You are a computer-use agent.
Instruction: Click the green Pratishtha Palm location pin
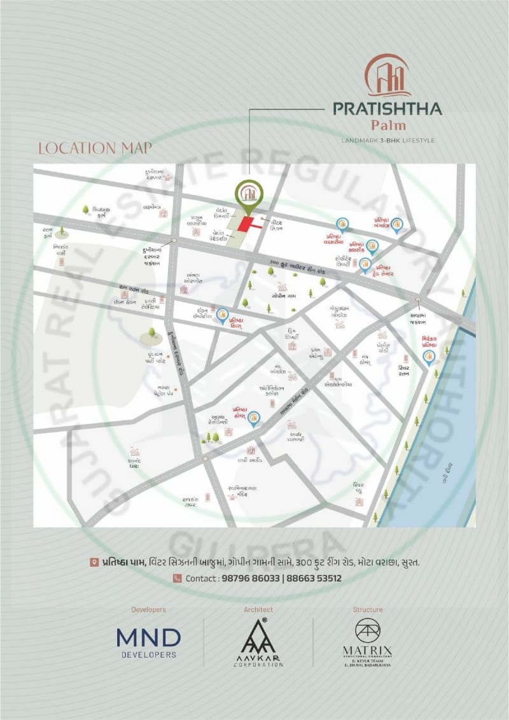[248, 195]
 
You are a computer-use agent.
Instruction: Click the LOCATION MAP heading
[95, 148]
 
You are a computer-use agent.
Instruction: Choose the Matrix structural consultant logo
[368, 642]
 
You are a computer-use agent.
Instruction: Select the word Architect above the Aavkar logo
[258, 609]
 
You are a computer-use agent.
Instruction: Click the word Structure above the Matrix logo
[368, 609]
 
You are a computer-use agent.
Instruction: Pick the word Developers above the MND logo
[148, 609]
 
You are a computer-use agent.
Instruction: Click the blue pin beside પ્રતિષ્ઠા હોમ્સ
[254, 418]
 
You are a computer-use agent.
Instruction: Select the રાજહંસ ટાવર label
[191, 502]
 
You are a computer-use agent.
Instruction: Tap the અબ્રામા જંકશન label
[418, 318]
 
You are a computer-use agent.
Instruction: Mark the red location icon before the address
[94, 563]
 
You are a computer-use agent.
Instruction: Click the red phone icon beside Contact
[177, 579]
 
